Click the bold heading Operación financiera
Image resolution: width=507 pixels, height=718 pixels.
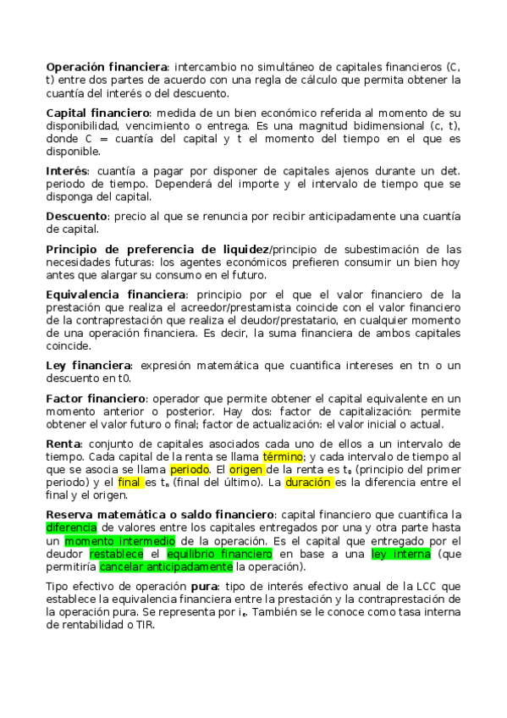coord(107,67)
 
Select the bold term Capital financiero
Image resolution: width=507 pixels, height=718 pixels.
coord(97,113)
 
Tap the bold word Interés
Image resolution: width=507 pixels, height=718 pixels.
coord(67,171)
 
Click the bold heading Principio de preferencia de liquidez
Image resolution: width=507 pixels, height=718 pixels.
coord(157,249)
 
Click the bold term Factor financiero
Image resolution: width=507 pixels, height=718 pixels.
coord(96,399)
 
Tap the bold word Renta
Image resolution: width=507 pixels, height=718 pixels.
coord(63,444)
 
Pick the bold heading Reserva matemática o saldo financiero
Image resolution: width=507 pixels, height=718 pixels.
coord(160,514)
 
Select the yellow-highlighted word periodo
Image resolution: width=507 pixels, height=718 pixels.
coord(190,468)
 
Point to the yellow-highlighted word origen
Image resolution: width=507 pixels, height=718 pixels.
coord(247,468)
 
